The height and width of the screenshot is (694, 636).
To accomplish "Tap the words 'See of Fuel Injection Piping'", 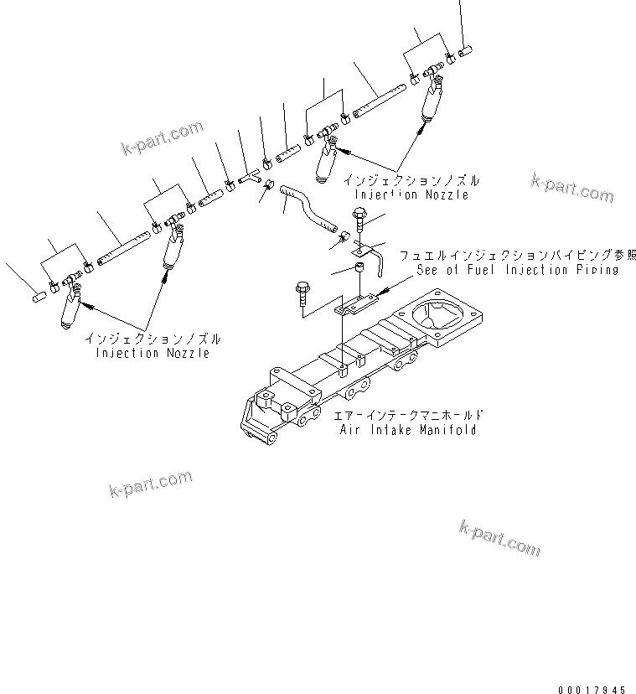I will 516,270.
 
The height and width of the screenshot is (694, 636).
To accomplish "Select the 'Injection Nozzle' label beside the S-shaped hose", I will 411,194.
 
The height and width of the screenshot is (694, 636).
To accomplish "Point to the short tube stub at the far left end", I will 38,295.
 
